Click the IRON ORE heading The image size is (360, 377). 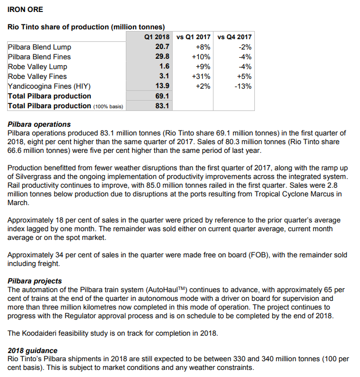click(25, 9)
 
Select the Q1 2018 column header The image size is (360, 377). click(157, 37)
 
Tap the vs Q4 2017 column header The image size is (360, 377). click(234, 37)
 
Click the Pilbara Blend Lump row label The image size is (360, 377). click(39, 47)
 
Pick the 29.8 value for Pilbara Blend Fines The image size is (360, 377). click(163, 57)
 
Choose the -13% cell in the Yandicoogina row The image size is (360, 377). click(242, 86)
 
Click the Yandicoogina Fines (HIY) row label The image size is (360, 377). click(48, 86)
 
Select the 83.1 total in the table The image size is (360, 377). click(163, 106)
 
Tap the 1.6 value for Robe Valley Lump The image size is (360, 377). click(165, 66)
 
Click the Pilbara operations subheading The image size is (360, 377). click(39, 125)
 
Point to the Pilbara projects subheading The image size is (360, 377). click(35, 281)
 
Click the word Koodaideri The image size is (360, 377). click(42, 333)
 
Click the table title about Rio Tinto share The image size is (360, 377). click(86, 26)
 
